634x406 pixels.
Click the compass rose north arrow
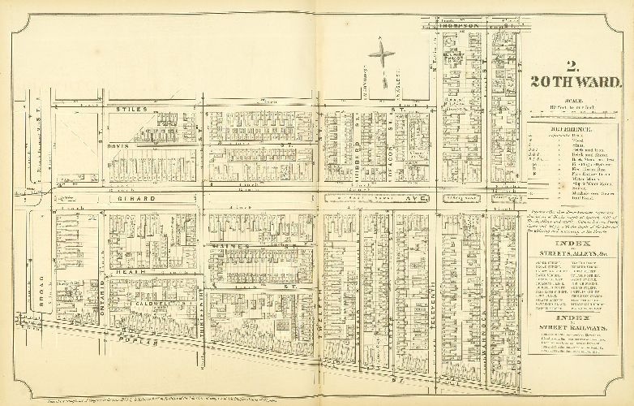click(381, 56)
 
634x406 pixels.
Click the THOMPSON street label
click(459, 26)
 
